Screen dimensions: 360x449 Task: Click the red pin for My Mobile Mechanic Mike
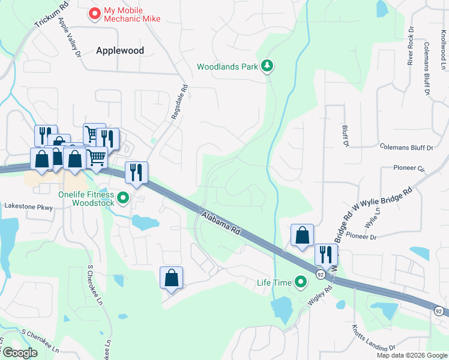tap(94, 13)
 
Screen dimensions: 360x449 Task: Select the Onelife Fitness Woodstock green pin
tap(123, 197)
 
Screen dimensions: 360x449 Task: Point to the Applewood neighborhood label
tap(120, 51)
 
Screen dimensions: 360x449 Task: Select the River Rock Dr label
tap(411, 46)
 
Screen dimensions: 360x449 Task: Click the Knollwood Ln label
tap(444, 48)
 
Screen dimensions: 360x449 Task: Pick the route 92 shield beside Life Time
tap(321, 275)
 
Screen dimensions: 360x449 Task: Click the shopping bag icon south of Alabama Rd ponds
tap(171, 278)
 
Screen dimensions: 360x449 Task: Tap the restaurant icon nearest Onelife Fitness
tap(136, 173)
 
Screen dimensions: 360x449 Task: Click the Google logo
tap(20, 353)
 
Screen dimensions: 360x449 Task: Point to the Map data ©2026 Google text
tap(411, 355)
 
